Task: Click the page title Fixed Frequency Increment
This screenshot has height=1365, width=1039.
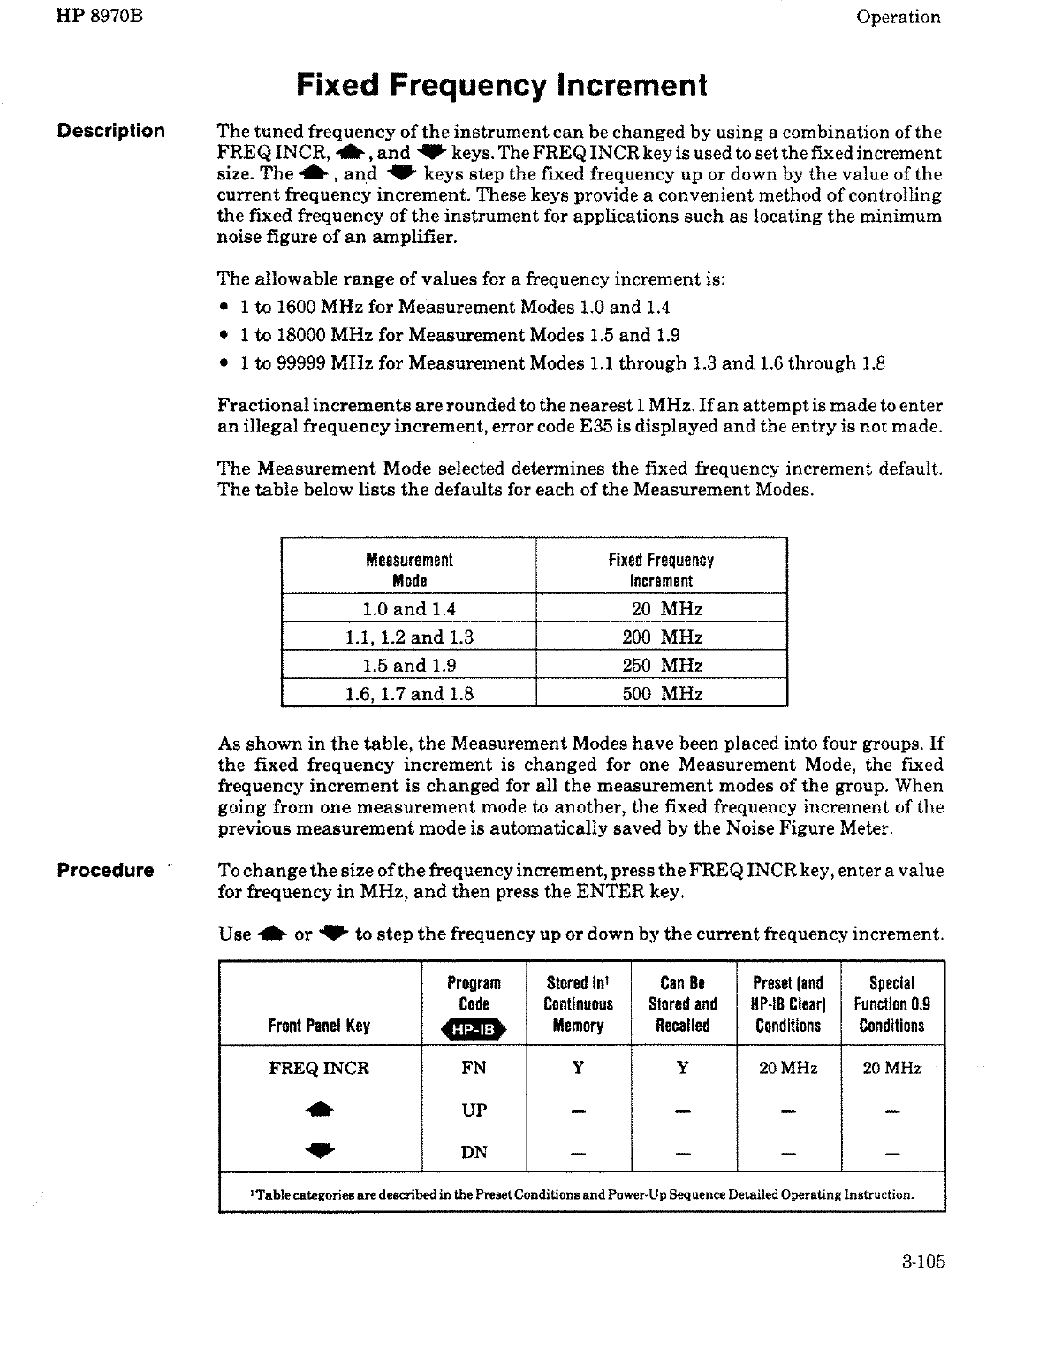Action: point(502,86)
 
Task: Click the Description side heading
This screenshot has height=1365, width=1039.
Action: point(110,131)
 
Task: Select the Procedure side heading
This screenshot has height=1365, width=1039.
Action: point(105,870)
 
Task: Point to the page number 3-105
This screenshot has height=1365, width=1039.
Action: point(924,1262)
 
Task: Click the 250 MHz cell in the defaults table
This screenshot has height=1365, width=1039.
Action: point(662,665)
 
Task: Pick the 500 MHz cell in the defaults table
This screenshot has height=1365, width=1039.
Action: point(662,693)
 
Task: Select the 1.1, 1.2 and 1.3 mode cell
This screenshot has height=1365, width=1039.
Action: point(409,637)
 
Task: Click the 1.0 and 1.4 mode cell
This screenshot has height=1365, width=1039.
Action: point(409,608)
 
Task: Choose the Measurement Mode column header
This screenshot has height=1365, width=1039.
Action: point(409,570)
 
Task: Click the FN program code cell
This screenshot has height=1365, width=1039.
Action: point(474,1068)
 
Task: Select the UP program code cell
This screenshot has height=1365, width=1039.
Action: point(474,1110)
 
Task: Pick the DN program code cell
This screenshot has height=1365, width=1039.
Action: point(474,1152)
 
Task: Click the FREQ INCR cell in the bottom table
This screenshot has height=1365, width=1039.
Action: point(319,1068)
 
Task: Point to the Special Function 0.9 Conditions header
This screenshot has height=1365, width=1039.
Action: point(891,1004)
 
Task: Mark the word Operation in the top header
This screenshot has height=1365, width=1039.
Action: point(899,17)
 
